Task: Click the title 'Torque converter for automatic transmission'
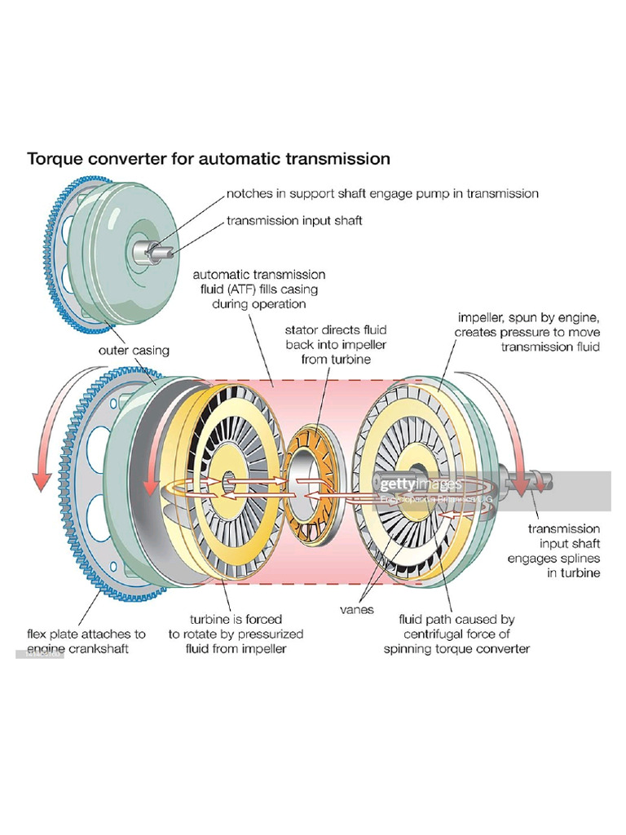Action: point(209,158)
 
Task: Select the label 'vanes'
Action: point(356,608)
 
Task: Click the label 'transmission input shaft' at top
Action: point(294,220)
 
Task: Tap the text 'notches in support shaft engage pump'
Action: point(382,193)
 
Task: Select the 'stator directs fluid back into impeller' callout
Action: point(335,344)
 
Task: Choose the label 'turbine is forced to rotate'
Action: point(236,634)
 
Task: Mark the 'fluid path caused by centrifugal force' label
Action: point(456,634)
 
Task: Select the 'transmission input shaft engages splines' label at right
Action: point(565,550)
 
